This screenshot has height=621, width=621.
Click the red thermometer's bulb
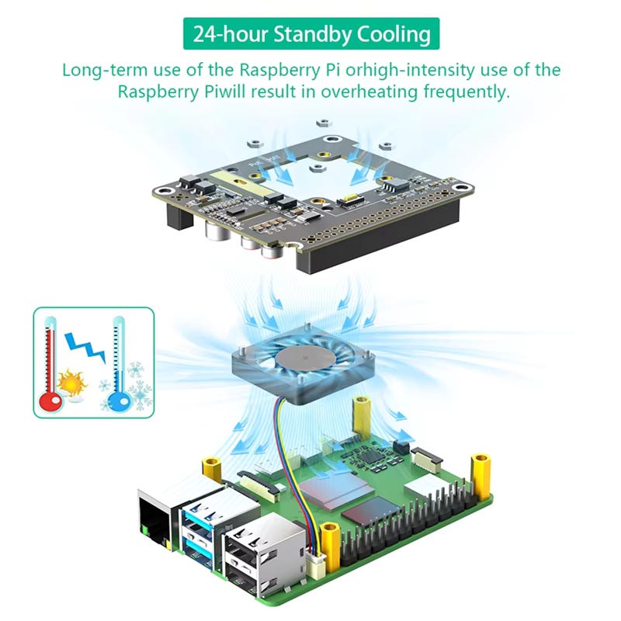[53, 398]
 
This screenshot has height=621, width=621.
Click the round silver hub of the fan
[300, 359]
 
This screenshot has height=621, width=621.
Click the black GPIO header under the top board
[365, 247]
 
